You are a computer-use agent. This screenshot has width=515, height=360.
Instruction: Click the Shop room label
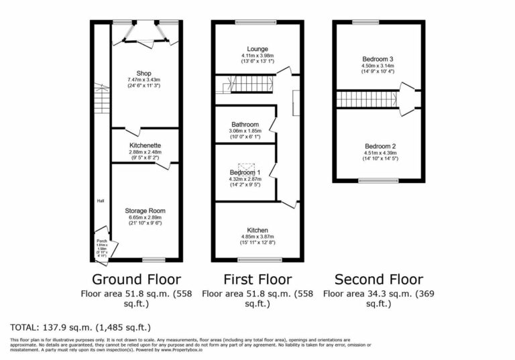144,73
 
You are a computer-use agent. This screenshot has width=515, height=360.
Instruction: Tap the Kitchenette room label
145,145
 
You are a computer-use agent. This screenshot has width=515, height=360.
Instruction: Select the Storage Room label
145,211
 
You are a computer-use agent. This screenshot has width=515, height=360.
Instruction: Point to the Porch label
102,241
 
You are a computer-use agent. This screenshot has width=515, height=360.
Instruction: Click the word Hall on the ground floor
100,200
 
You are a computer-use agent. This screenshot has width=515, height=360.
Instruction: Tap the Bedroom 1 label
244,172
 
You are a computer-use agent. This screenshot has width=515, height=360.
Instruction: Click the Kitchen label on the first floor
258,230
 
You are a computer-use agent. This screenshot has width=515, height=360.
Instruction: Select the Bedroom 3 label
378,59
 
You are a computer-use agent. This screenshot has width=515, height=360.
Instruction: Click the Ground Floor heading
135,279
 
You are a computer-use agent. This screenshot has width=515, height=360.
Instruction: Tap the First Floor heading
257,279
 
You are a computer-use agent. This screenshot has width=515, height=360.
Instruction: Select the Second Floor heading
378,279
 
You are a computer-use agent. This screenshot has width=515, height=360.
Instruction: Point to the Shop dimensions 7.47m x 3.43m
144,80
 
